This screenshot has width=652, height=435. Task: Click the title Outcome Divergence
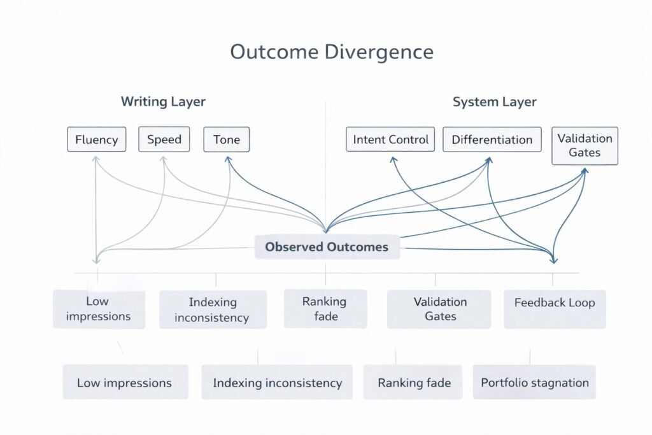click(x=331, y=52)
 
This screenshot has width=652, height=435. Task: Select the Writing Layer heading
click(x=163, y=102)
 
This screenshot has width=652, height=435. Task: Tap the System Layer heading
click(x=494, y=102)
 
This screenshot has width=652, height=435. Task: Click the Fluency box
click(x=96, y=139)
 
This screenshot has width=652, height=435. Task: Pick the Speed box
click(x=164, y=139)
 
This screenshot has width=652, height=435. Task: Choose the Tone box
click(x=226, y=139)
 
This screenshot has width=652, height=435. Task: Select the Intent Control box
click(x=390, y=139)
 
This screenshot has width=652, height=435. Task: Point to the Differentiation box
click(x=492, y=139)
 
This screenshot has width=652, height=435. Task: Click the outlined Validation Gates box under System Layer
click(x=585, y=146)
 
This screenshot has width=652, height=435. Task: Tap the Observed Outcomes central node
click(x=327, y=247)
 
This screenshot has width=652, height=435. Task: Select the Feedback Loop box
click(x=554, y=303)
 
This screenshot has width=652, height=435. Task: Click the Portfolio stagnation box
click(x=534, y=383)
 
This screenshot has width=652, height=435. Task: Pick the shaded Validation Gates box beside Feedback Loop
click(x=440, y=309)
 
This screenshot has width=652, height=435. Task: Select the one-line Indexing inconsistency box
click(x=277, y=383)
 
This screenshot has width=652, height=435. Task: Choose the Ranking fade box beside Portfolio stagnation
click(x=414, y=383)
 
